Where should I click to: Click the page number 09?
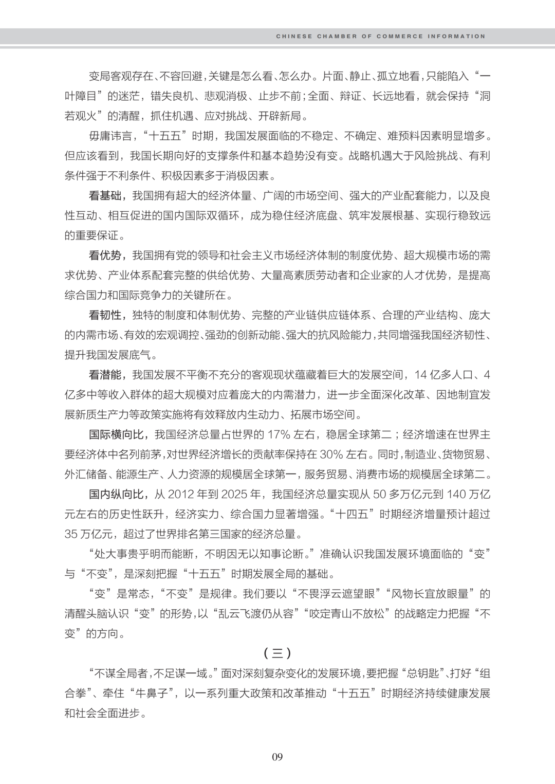277,756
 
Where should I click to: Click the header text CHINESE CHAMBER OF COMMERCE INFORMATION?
380,37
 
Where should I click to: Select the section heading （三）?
277,653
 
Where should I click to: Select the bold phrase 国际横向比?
118,434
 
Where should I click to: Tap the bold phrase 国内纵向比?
118,494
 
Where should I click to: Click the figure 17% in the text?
279,434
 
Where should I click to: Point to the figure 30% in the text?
331,454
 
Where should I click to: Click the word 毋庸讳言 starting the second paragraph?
108,136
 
